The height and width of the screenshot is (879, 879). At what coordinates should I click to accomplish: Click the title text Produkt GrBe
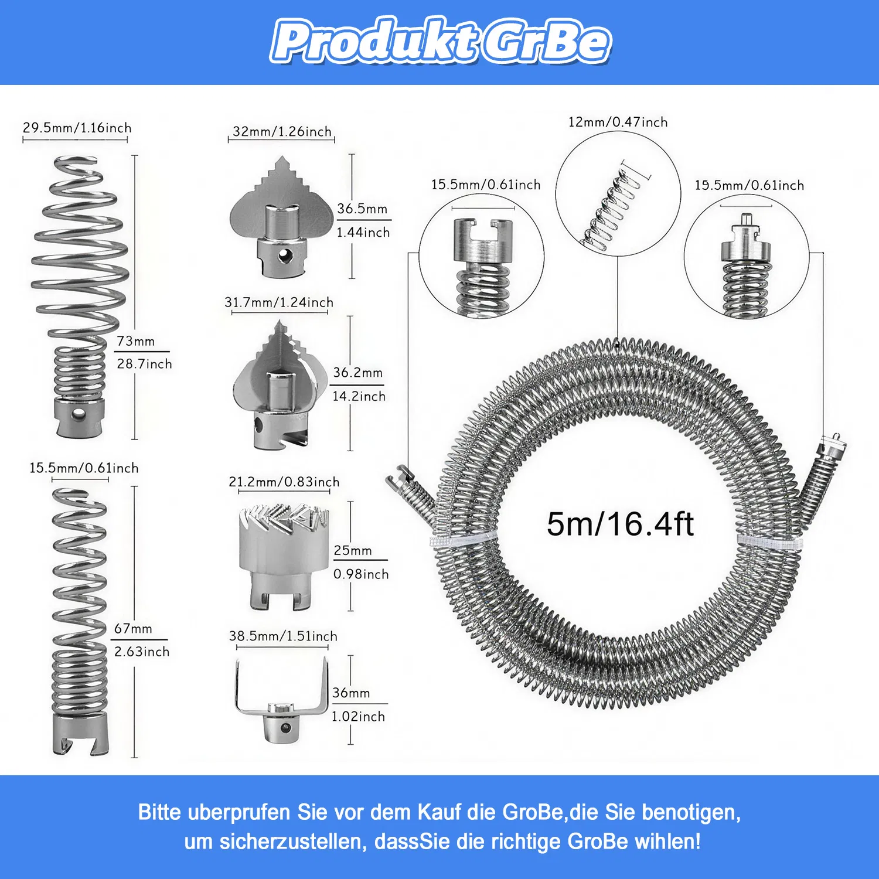441,41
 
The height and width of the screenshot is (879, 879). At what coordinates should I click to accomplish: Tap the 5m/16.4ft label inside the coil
620,524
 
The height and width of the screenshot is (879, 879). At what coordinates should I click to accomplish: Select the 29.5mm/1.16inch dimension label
77,128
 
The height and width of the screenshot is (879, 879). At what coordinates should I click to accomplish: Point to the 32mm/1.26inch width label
282,131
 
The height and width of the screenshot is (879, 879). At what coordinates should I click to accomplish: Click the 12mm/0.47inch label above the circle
618,122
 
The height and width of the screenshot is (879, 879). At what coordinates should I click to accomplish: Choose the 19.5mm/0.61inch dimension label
749,185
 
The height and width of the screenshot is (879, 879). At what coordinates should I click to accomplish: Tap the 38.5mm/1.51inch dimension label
283,636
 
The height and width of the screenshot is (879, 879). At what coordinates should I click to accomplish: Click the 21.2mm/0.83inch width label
284,482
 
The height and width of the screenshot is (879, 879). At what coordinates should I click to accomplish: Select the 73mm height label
136,341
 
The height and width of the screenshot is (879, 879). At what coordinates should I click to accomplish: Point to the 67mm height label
134,628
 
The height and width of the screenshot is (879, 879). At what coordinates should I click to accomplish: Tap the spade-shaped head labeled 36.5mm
282,217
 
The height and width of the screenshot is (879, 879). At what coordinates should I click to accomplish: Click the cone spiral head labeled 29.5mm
79,296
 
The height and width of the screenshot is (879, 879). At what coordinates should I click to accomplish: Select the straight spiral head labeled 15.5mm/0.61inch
80,621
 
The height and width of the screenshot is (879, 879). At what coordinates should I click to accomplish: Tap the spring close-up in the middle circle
612,205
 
